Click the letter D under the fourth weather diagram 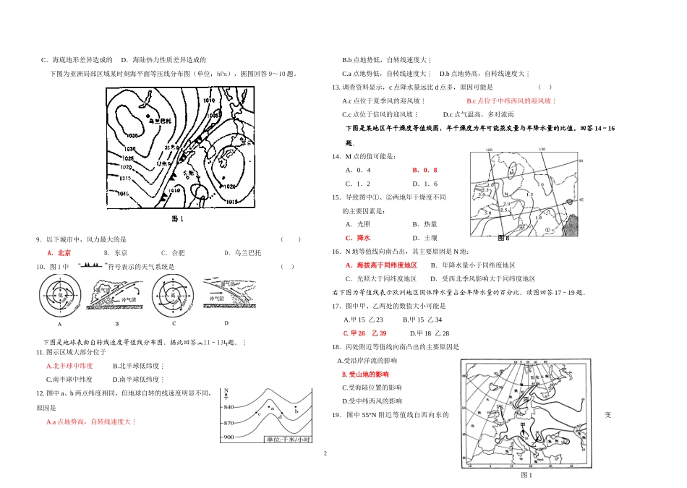pos(226,323)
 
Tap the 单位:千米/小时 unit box pos(287,440)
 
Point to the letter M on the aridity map pos(511,174)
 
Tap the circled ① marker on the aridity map pos(548,230)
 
